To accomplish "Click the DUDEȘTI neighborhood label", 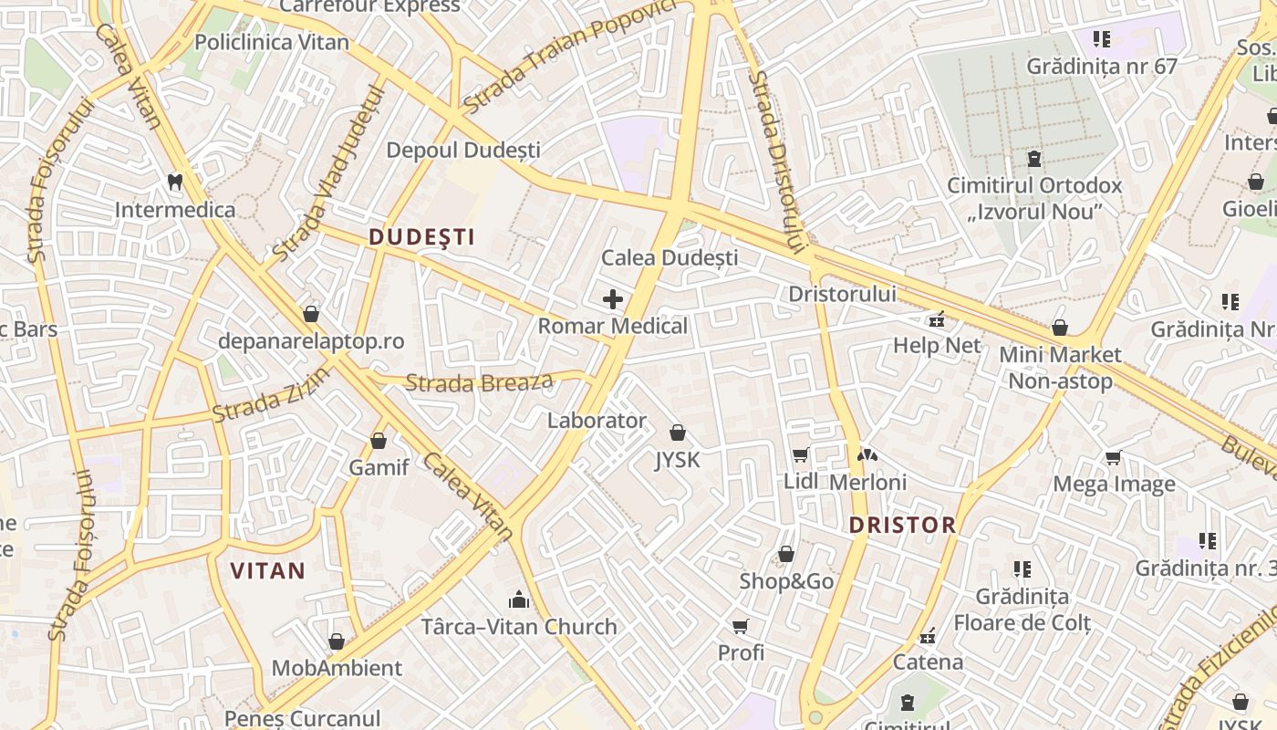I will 421,237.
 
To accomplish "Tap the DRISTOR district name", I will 902,525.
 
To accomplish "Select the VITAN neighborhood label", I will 267,571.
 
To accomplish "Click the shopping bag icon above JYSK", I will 677,433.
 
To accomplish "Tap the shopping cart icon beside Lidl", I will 800,454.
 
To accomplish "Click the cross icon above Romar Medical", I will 613,298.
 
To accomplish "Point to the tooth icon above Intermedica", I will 175,182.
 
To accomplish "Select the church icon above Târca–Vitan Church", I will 519,600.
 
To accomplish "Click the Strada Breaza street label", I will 479,382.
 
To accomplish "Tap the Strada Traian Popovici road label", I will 570,57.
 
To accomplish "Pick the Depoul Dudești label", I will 463,151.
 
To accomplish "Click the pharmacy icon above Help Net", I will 936,319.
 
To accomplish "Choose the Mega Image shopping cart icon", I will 1113,457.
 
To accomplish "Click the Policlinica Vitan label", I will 272,42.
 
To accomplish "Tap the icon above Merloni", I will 867,454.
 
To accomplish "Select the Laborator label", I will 597,421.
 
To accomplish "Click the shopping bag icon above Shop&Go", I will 785,554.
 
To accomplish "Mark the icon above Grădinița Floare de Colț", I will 1023,569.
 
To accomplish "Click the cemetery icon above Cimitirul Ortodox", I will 1034,159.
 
